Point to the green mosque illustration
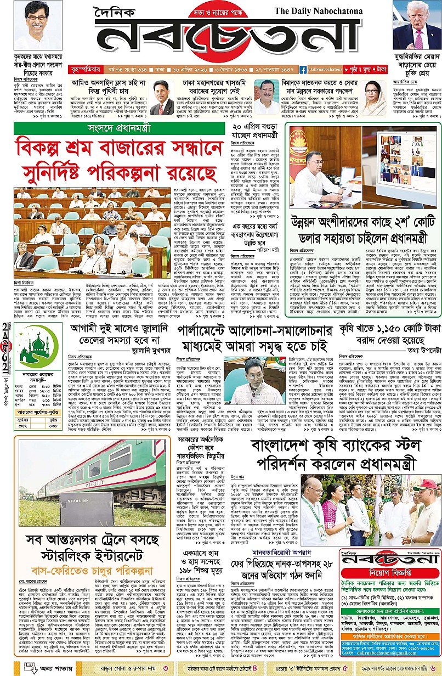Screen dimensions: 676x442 (x=36, y=345)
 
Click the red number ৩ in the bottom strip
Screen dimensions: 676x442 (x=166, y=667)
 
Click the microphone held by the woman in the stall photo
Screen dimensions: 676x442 (x=348, y=509)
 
